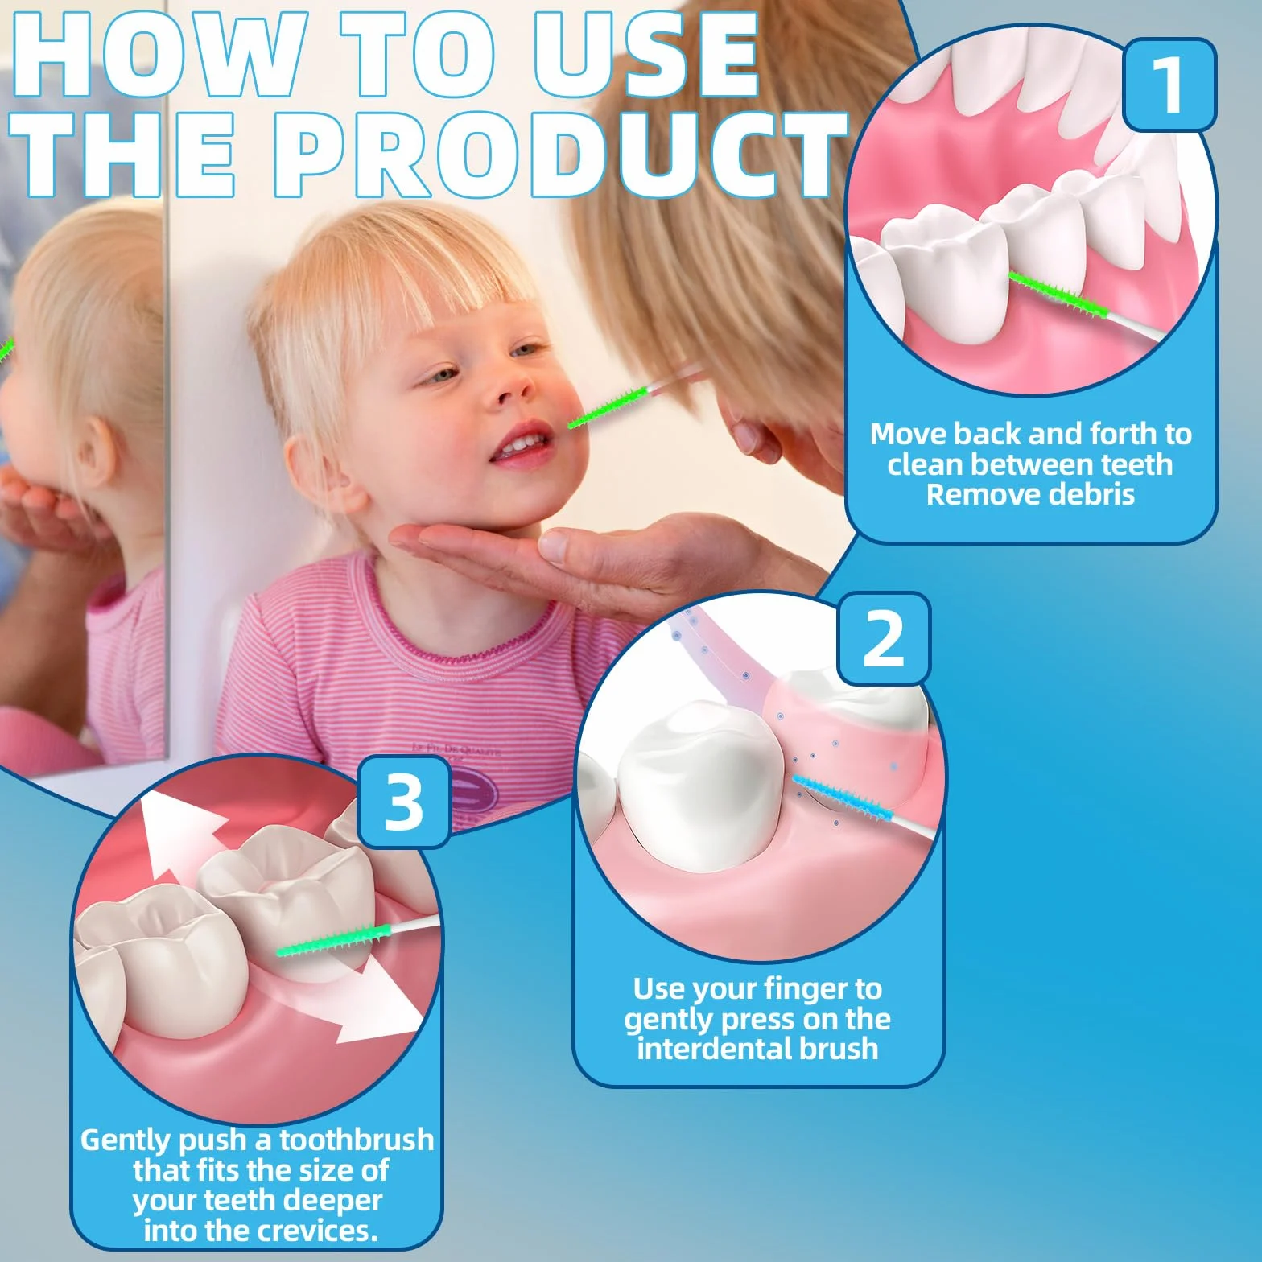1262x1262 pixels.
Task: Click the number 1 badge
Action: point(1169,85)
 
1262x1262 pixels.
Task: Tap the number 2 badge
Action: point(884,638)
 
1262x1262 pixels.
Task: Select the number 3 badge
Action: point(403,802)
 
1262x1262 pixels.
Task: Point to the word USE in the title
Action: point(646,53)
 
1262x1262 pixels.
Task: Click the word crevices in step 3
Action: point(320,1231)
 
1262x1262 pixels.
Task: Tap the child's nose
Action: point(509,387)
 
